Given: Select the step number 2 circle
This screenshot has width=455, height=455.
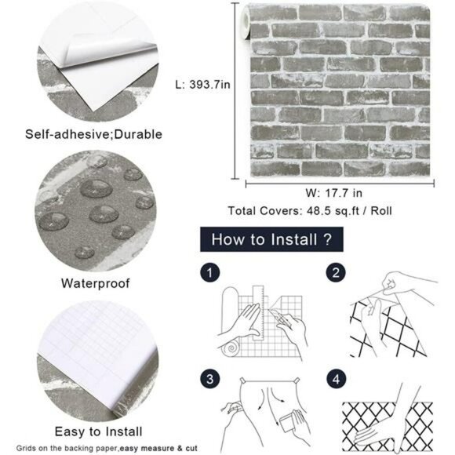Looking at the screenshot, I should [x=335, y=273].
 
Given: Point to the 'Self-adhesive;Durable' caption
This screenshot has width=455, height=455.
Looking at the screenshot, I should [x=94, y=134].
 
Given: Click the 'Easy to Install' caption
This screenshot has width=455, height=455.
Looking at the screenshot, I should [x=99, y=431].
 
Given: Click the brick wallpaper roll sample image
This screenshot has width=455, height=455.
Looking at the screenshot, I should [x=338, y=89].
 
